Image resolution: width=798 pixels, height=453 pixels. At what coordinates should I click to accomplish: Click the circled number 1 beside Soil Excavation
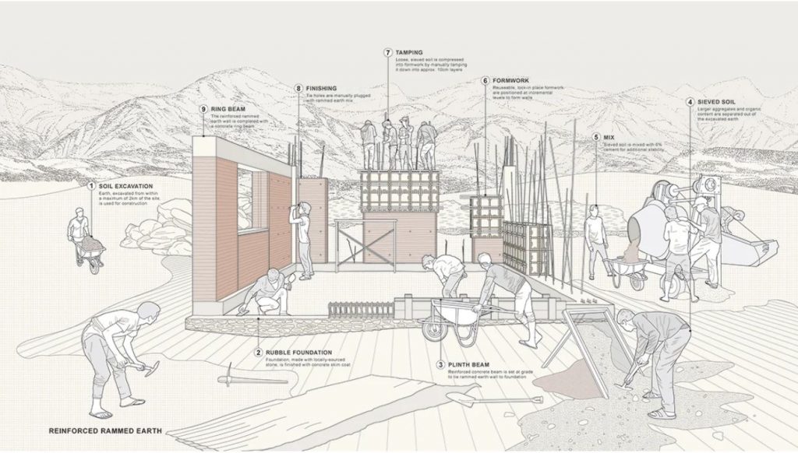91,186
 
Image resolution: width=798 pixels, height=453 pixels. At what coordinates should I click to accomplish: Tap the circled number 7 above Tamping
387,52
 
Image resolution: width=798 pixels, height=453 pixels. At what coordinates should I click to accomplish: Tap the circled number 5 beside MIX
596,137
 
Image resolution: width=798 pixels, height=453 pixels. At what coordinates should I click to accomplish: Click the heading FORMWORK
511,80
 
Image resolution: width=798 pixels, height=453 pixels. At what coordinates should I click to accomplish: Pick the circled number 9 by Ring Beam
203,109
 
